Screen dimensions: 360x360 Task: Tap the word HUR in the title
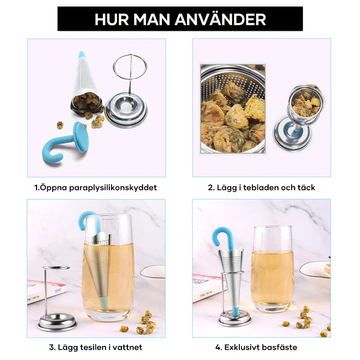click(111, 19)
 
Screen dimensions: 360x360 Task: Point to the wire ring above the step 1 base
click(130, 67)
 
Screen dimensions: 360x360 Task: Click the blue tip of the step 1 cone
click(81, 54)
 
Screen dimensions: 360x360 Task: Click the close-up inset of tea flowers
click(232, 109)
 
